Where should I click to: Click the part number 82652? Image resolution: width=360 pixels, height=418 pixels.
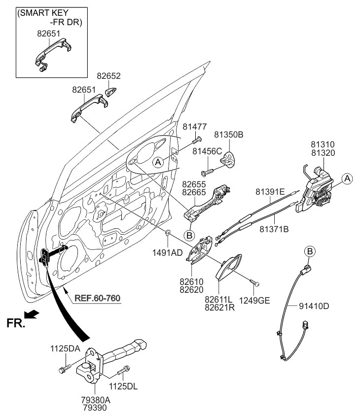click(108, 76)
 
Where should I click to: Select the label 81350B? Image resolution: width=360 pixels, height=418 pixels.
click(228, 134)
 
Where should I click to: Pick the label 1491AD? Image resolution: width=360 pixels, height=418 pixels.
click(170, 252)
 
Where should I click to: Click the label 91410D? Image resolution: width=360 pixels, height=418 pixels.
click(314, 306)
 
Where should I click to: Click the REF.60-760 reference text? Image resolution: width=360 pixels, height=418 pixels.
click(98, 298)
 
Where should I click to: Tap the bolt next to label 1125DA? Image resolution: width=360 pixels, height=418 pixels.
click(65, 367)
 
